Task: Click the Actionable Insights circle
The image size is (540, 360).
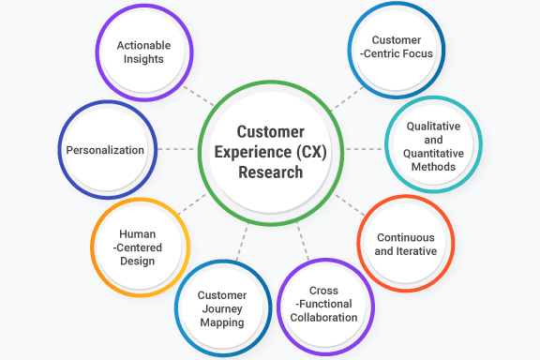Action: (143, 52)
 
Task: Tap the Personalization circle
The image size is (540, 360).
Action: (105, 150)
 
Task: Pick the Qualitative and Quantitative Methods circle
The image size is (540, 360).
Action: (432, 145)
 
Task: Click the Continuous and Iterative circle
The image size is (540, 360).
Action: (406, 244)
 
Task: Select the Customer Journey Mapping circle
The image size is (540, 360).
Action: (221, 308)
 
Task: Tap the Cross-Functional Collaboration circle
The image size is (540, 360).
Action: (324, 305)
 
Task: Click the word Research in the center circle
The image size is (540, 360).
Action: (270, 172)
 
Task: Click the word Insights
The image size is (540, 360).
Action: (143, 59)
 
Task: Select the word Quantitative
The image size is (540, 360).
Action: (432, 153)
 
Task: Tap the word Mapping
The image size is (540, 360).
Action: (221, 322)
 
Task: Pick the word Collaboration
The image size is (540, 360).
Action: (324, 318)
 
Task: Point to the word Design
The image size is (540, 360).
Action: (138, 262)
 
